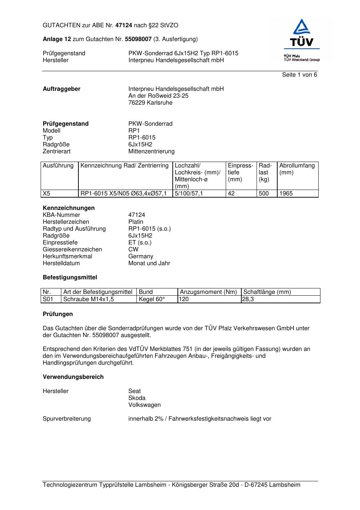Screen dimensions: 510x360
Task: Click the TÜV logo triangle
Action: click(302, 27)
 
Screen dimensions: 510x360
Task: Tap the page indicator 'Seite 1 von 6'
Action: click(299, 75)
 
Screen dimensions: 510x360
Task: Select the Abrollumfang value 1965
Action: click(286, 194)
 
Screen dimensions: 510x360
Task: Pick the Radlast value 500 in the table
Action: click(264, 194)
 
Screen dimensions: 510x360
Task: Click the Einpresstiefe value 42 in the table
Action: click(231, 194)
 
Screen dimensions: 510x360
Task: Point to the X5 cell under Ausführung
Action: click(47, 194)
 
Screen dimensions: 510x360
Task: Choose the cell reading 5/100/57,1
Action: click(189, 194)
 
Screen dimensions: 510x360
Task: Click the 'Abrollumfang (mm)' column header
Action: click(297, 169)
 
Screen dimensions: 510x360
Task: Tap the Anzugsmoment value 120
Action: click(184, 299)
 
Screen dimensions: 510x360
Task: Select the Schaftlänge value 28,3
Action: click(248, 299)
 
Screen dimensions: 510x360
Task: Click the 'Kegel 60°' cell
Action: click(152, 299)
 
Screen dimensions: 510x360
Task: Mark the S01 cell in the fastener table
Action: click(48, 299)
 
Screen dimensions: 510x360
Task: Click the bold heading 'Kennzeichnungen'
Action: click(69, 208)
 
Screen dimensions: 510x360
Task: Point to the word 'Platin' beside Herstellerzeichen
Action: click(136, 222)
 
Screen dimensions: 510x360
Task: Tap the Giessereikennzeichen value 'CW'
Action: click(133, 250)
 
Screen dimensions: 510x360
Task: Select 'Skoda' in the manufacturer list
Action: click(137, 398)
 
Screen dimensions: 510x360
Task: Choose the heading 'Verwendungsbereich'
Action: click(73, 377)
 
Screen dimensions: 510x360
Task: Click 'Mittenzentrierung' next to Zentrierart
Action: click(151, 151)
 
